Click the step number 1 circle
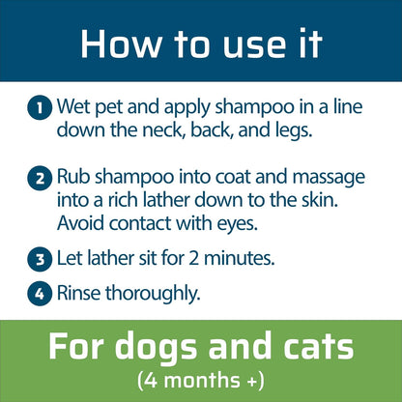pyautogui.click(x=41, y=109)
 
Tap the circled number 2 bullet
pyautogui.click(x=41, y=179)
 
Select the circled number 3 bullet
pyautogui.click(x=41, y=258)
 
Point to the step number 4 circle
pyautogui.click(x=41, y=293)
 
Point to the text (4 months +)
pyautogui.click(x=200, y=377)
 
